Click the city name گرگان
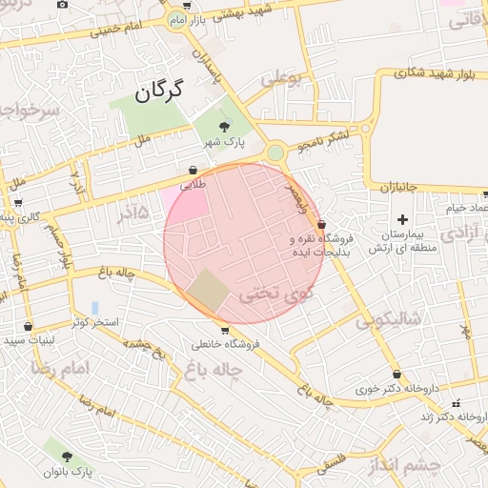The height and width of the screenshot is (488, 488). tap(158, 91)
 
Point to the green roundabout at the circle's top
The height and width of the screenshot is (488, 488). tap(275, 152)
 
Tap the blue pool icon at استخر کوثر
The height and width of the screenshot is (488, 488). tap(94, 308)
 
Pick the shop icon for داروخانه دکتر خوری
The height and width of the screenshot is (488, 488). tap(396, 374)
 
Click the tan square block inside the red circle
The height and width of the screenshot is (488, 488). tap(208, 291)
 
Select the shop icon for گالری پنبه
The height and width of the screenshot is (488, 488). tap(17, 202)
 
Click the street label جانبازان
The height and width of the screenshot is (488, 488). tap(399, 189)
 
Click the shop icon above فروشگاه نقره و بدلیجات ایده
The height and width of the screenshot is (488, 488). tap(320, 223)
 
